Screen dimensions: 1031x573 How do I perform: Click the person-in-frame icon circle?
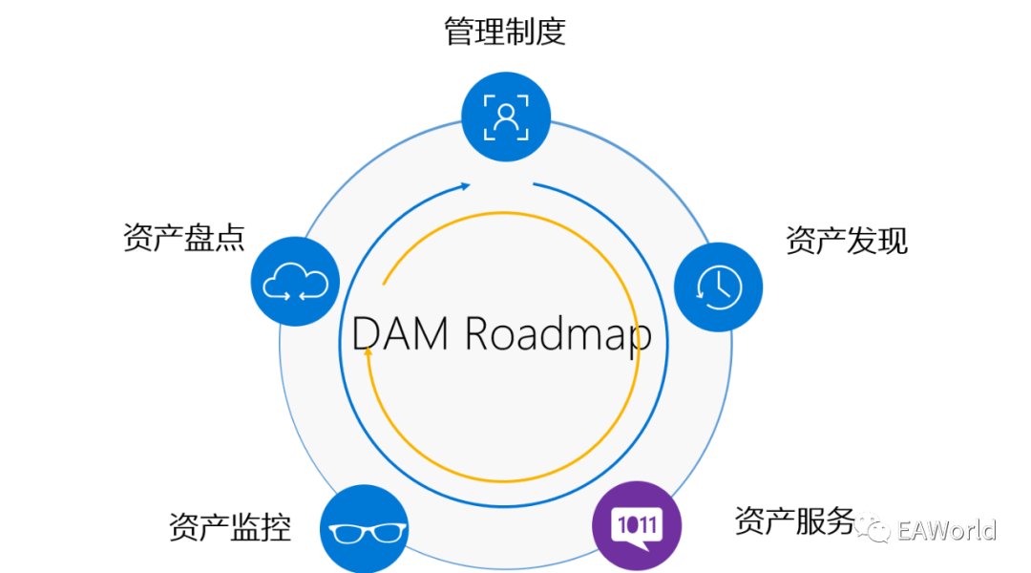[x=506, y=117]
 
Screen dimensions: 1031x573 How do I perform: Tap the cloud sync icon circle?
[x=295, y=282]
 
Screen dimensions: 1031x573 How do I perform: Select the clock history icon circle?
[x=719, y=286]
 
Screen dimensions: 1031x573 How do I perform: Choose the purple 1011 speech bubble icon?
[x=638, y=526]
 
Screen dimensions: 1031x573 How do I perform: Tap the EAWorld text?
[x=946, y=530]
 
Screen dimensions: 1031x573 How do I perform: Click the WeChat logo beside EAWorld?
[x=873, y=526]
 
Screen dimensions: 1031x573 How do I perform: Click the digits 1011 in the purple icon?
[x=638, y=523]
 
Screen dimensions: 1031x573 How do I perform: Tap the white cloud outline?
[x=295, y=282]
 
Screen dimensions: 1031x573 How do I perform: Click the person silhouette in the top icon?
[x=506, y=117]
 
